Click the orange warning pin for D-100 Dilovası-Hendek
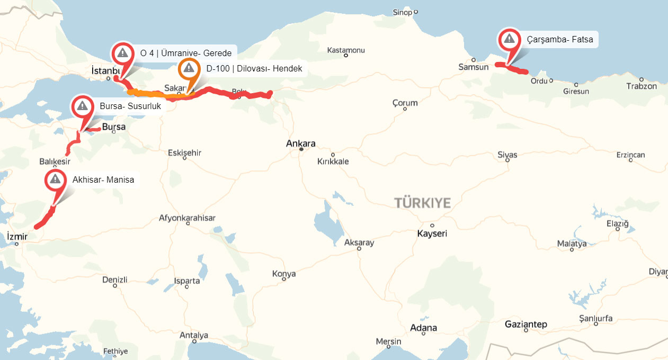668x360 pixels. coord(189,69)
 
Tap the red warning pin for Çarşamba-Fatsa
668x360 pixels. coord(509,39)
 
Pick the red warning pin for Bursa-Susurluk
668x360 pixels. coord(82,106)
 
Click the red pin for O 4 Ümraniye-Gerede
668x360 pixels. coord(122,52)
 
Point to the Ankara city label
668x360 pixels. coord(300,143)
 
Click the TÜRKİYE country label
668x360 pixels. coord(422,203)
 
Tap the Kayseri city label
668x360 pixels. coord(432,233)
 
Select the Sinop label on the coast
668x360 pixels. coord(402,12)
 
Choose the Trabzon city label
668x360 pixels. coord(641,86)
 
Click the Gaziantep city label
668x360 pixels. coord(526,324)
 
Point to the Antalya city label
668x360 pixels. coord(194,335)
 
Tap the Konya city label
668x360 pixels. coord(284,274)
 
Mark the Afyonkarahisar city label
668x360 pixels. coord(187,218)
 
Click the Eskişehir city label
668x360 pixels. coord(184,152)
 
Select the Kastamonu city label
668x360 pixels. coord(346,50)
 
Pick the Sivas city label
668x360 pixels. coord(507,155)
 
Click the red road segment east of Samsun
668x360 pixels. coord(512,68)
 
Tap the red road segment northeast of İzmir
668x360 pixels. coord(46,217)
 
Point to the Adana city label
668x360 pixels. coord(424,328)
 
